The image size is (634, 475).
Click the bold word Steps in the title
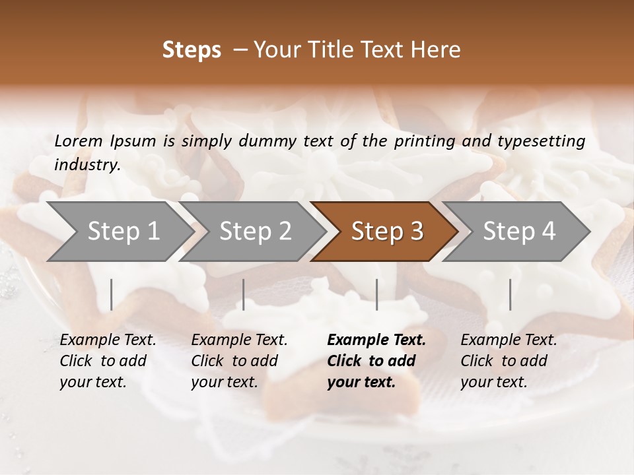[192, 50]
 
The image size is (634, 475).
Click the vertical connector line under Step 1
[111, 294]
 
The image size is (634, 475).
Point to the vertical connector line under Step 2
[244, 294]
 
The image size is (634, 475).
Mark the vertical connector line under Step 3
[376, 294]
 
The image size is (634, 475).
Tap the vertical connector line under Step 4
[510, 294]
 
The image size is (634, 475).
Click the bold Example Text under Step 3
[376, 340]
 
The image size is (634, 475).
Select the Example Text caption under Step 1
[108, 340]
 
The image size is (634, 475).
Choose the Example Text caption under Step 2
[239, 340]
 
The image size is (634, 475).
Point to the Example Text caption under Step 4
[509, 340]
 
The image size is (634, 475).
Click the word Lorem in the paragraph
[79, 141]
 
